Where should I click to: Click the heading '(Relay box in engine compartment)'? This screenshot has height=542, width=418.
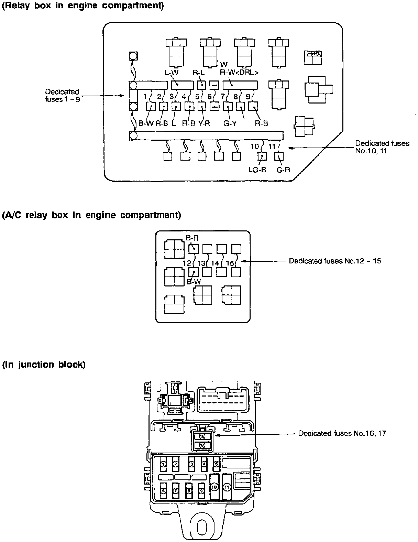pyautogui.click(x=83, y=6)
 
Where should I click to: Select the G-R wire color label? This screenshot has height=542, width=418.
pyautogui.click(x=284, y=170)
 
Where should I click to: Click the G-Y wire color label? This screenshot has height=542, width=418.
pyautogui.click(x=230, y=123)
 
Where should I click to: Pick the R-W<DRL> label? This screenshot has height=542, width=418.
pyautogui.click(x=239, y=73)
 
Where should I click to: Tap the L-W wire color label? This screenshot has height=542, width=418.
pyautogui.click(x=172, y=73)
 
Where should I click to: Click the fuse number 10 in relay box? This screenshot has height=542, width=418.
pyautogui.click(x=254, y=147)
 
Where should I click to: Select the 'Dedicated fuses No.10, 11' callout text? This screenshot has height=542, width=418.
pyautogui.click(x=382, y=147)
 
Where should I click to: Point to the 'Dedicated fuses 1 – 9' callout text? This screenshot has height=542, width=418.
pyautogui.click(x=62, y=96)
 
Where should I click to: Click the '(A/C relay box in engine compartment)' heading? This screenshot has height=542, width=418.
pyautogui.click(x=91, y=215)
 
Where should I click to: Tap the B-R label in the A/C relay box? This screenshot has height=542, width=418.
pyautogui.click(x=192, y=238)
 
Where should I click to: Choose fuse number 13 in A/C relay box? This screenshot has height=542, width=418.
pyautogui.click(x=202, y=263)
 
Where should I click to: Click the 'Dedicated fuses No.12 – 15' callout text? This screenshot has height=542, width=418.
pyautogui.click(x=335, y=261)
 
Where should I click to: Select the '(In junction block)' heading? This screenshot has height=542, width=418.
pyautogui.click(x=44, y=365)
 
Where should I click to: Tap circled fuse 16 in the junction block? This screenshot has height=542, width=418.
pyautogui.click(x=202, y=436)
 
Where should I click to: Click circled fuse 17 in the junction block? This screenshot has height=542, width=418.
pyautogui.click(x=202, y=445)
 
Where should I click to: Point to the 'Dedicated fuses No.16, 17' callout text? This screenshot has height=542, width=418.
pyautogui.click(x=342, y=433)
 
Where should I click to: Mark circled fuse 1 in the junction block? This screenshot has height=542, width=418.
pyautogui.click(x=164, y=464)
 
